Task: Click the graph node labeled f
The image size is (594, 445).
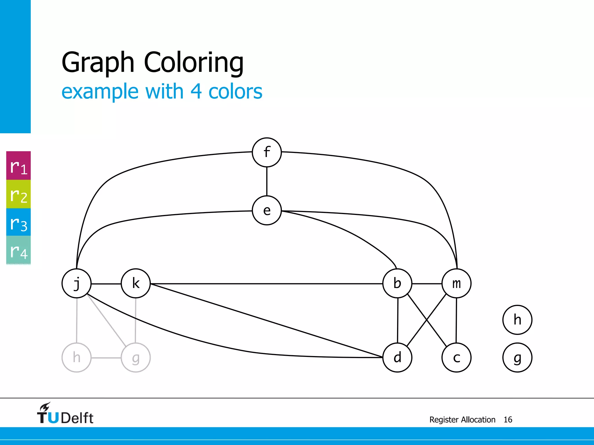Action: (267, 152)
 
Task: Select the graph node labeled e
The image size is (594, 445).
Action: (267, 211)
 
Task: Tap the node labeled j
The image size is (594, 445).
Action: (77, 283)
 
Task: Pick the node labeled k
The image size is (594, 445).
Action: (136, 283)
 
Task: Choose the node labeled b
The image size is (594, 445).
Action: (397, 283)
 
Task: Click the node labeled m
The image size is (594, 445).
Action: (457, 283)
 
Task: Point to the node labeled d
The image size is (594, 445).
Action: (397, 358)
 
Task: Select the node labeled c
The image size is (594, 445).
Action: (457, 358)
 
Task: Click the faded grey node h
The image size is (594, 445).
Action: (77, 358)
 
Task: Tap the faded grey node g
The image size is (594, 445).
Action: (136, 358)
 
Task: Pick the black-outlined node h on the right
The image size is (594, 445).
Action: (517, 320)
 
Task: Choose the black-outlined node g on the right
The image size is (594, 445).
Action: (517, 358)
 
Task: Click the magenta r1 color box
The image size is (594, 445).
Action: (19, 166)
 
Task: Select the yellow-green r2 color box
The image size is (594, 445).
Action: (19, 194)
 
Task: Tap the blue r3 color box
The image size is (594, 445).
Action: (19, 222)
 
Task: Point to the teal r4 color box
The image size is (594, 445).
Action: (19, 250)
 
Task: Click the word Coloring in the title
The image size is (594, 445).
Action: (194, 62)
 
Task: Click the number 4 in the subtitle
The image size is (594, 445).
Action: (196, 92)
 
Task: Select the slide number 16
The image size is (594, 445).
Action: (508, 420)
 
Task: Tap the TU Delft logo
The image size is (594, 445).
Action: (65, 414)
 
